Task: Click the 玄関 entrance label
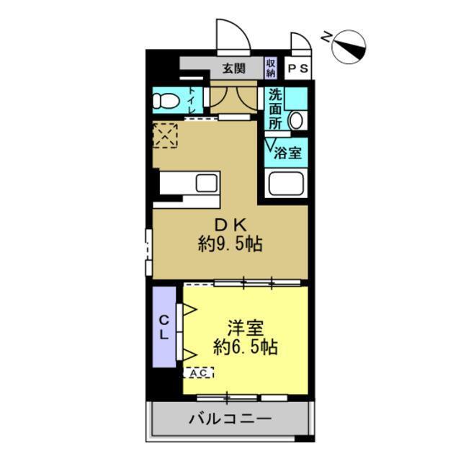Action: click(233, 69)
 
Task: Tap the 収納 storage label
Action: click(271, 68)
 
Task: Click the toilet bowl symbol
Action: click(166, 100)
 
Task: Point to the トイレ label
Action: click(192, 99)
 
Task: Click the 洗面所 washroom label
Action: click(275, 108)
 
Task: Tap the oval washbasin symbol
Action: click(296, 120)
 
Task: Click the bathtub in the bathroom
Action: click(287, 184)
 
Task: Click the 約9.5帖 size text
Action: click(230, 244)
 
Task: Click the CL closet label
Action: click(164, 328)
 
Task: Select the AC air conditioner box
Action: click(199, 373)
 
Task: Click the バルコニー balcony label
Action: click(230, 419)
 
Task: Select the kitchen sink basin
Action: click(205, 183)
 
